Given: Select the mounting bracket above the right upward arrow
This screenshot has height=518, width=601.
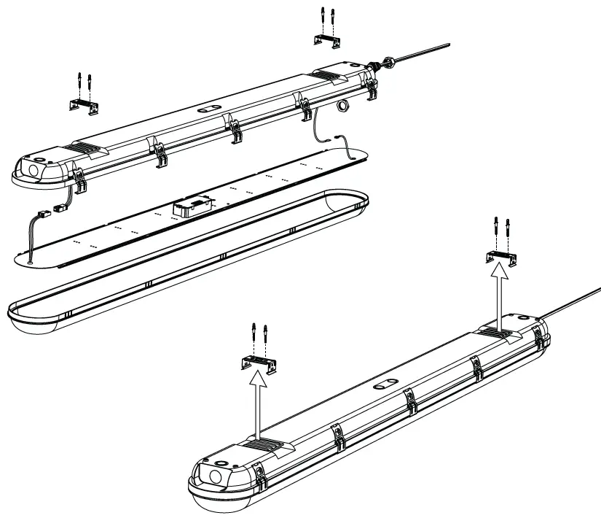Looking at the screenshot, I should pos(501,256).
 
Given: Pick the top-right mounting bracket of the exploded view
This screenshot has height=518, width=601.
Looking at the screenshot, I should pos(327,41).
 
